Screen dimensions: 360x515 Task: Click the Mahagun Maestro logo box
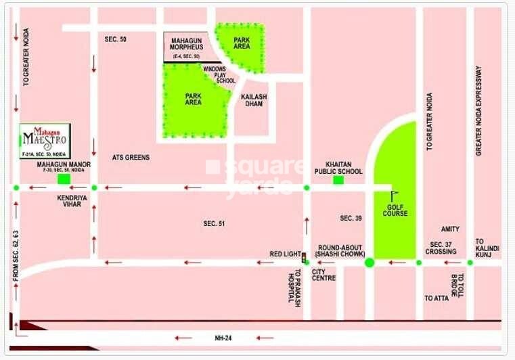click(x=46, y=140)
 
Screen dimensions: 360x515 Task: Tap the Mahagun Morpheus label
click(x=187, y=45)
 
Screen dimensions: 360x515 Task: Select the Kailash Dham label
click(x=254, y=101)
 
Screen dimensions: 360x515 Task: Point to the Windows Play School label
click(x=220, y=74)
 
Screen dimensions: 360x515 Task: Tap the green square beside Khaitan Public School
click(x=338, y=180)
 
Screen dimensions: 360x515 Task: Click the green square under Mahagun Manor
click(x=64, y=179)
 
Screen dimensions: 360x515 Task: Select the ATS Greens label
click(x=131, y=158)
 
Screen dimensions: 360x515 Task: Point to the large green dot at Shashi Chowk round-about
click(x=370, y=262)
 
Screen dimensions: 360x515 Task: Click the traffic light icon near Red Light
click(x=304, y=257)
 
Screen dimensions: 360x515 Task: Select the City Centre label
click(x=323, y=275)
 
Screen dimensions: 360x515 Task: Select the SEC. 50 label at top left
click(x=116, y=40)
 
